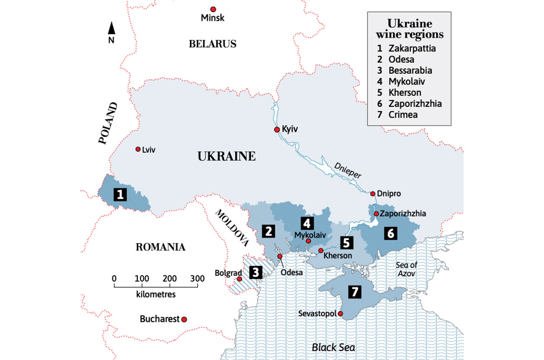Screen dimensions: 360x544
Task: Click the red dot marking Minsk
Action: click(213, 9)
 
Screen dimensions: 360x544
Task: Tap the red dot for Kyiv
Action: click(277, 130)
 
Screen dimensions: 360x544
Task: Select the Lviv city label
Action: click(149, 150)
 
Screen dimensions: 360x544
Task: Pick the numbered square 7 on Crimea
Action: click(354, 292)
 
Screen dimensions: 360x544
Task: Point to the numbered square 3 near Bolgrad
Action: click(256, 273)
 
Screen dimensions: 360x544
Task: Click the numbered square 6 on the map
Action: click(390, 234)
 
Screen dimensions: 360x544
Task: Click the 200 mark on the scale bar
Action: click(169, 278)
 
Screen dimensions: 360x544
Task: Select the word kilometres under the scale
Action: click(156, 294)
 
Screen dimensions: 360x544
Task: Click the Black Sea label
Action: click(333, 347)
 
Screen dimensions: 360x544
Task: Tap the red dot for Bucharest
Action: click(184, 319)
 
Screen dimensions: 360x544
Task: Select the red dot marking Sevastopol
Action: click(341, 314)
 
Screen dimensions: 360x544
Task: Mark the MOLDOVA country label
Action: click(232, 227)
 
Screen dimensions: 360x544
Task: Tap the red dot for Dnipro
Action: click(373, 194)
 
